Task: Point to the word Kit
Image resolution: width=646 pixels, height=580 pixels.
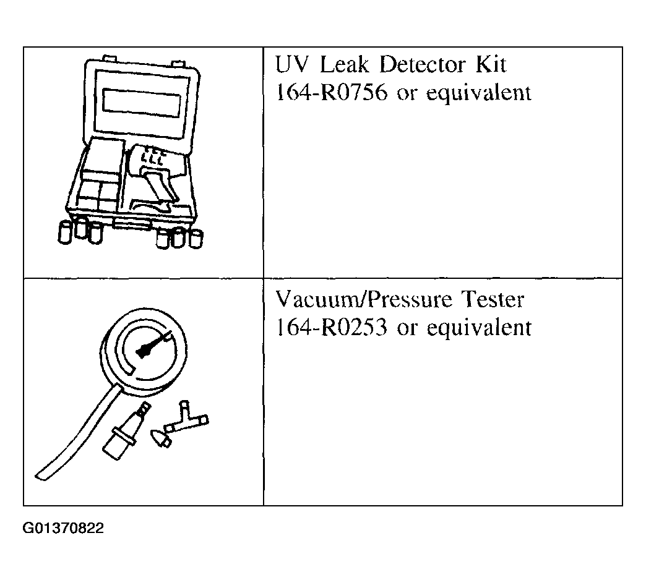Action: [490, 64]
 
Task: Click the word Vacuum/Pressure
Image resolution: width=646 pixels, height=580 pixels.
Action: [363, 301]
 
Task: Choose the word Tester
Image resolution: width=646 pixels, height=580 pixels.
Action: [493, 300]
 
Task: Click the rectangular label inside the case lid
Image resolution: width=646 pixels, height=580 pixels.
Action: [142, 99]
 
